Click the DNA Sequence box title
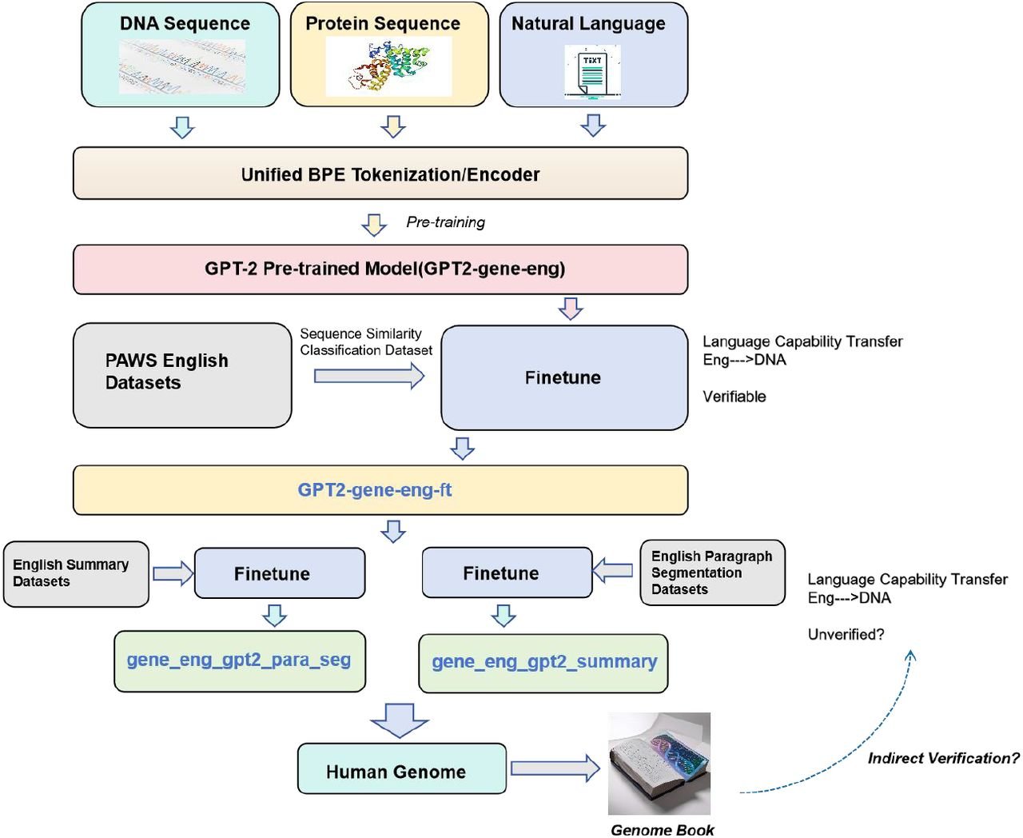(x=185, y=24)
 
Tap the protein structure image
(x=389, y=67)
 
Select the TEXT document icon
(x=592, y=72)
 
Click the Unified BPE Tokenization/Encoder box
(x=380, y=174)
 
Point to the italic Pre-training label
(x=445, y=222)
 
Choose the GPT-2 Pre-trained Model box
(x=380, y=269)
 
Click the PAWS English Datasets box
(x=182, y=374)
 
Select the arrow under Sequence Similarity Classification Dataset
(x=368, y=375)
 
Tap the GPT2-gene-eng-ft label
(x=374, y=490)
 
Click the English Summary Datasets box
(x=75, y=573)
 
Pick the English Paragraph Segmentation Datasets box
(x=712, y=573)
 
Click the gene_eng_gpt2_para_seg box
(x=239, y=660)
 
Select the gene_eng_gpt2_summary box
(x=543, y=663)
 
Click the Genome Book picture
(x=659, y=763)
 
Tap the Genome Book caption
(x=662, y=830)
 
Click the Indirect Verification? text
(x=943, y=758)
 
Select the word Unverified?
(x=846, y=635)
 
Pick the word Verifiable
(x=734, y=397)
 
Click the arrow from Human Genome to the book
(x=555, y=768)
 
